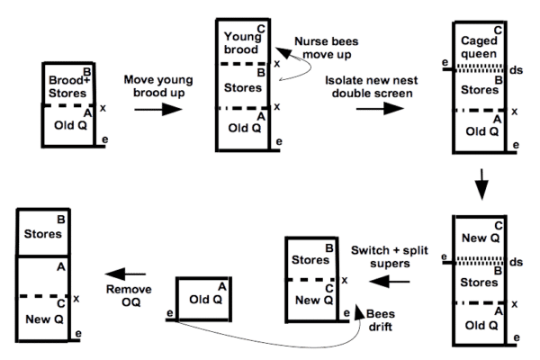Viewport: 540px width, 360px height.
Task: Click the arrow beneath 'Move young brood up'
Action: pos(157,110)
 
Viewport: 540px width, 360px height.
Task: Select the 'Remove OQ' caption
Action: pos(128,296)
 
